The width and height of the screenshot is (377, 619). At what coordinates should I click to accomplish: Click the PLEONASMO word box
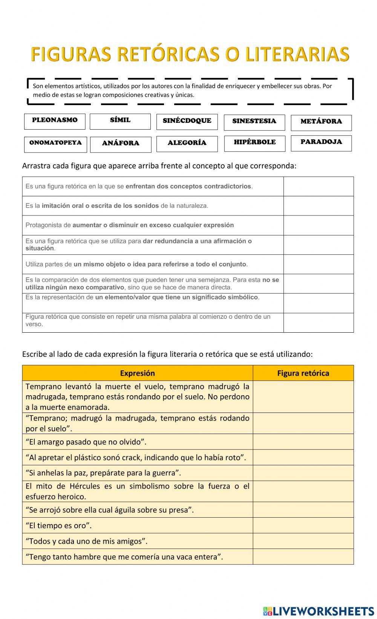tap(55, 121)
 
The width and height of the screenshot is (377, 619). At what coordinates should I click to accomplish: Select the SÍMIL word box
tap(120, 121)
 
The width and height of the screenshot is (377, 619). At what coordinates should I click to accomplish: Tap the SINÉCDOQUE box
tap(187, 121)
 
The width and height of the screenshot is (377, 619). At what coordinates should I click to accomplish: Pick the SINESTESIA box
tap(254, 122)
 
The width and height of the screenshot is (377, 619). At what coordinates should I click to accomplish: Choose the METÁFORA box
tap(321, 122)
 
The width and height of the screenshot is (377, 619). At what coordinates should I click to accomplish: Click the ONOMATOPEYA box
tap(55, 144)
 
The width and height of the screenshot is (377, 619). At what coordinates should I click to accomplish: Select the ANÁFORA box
tap(121, 144)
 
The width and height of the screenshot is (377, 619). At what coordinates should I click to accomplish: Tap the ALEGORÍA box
tap(187, 144)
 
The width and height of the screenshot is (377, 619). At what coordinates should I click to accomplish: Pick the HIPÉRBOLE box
tap(255, 143)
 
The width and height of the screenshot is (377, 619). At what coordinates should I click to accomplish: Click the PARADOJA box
tap(321, 142)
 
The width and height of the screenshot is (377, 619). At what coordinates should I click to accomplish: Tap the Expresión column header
tap(137, 373)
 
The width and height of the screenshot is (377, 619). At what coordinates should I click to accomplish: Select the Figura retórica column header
tap(303, 373)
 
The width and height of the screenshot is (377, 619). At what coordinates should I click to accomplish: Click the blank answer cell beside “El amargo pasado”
tap(303, 442)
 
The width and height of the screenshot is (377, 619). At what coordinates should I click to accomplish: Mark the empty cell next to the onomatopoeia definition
tap(319, 206)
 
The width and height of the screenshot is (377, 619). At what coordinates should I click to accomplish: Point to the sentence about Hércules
tap(137, 491)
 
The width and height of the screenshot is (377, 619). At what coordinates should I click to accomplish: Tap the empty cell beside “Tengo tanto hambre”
tap(303, 556)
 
